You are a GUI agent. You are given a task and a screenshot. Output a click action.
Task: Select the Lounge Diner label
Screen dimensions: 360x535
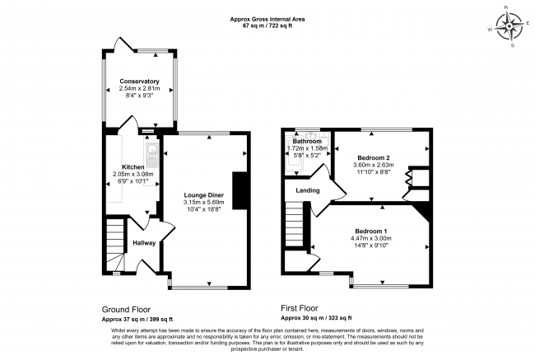point(203,194)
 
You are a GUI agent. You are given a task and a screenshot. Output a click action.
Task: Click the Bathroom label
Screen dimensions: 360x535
point(307,142)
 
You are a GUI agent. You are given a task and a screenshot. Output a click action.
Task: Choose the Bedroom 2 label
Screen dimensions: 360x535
point(374,157)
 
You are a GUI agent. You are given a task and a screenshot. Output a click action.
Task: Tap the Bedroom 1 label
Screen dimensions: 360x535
point(371,230)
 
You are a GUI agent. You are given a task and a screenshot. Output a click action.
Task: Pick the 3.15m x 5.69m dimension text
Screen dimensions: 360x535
point(203,202)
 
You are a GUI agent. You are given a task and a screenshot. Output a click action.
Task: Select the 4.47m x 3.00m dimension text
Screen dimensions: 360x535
point(371,237)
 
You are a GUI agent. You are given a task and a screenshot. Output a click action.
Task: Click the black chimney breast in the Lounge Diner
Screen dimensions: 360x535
point(240,191)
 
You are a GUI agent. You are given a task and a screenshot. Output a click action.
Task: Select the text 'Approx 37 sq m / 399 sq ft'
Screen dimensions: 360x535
point(137,318)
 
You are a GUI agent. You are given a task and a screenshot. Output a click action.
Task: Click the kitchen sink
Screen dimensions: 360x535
point(151,151)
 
